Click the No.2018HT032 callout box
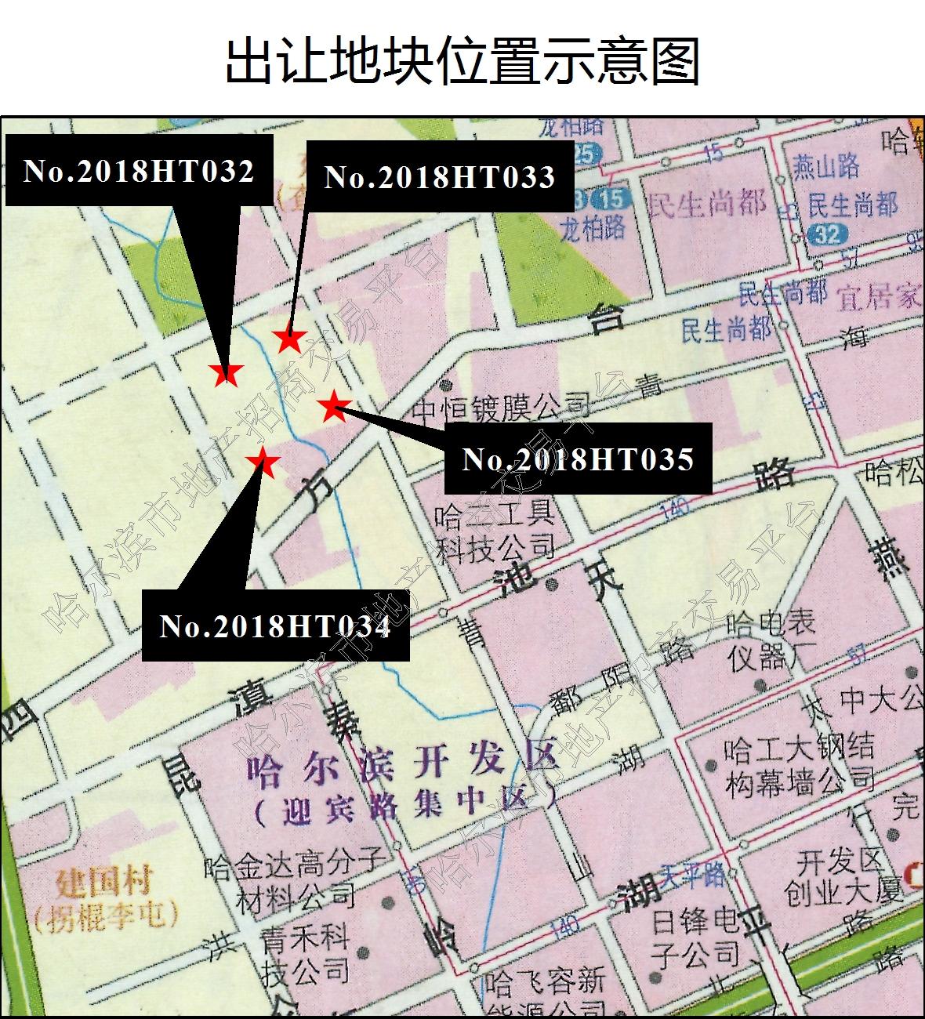click(140, 170)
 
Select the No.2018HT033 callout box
click(440, 176)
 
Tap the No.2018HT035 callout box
click(578, 459)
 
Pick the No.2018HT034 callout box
click(275, 626)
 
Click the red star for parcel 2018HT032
click(227, 374)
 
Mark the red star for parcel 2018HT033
click(290, 340)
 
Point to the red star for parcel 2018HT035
click(335, 405)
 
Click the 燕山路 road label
click(826, 167)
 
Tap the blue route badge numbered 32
click(828, 234)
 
